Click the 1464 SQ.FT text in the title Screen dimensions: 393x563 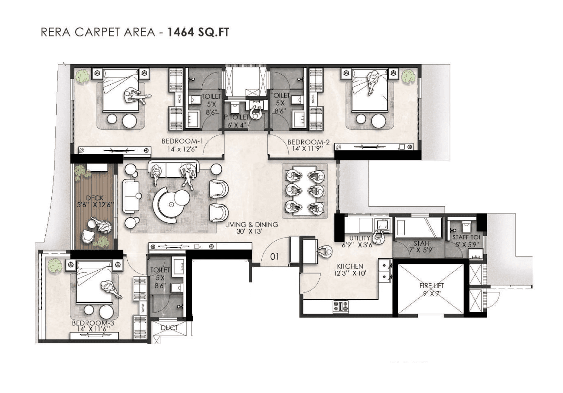point(198,32)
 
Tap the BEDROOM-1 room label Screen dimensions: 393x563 point(182,141)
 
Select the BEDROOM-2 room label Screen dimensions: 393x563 point(308,142)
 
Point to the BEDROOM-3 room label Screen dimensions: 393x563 point(93,323)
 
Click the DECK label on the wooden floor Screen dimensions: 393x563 point(95,198)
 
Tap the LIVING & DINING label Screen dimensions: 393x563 point(251,225)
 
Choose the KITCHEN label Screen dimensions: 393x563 point(350,266)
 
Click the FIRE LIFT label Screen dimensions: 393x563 point(431,286)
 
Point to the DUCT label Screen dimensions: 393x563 point(169,328)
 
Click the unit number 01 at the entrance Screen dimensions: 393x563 point(274,257)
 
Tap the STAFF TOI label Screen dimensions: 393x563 point(466,237)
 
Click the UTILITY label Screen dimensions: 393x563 point(359,238)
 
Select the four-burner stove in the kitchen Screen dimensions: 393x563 point(341,306)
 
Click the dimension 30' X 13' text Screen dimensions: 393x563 point(249,232)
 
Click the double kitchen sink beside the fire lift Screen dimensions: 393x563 point(385,271)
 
